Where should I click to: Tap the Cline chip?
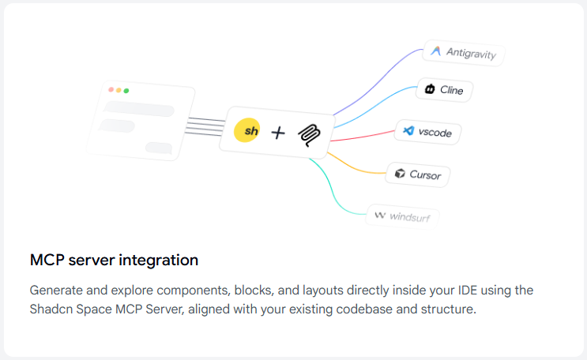click(442, 90)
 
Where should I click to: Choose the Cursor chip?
click(419, 174)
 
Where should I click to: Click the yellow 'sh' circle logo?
click(247, 131)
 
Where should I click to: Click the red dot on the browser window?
click(111, 89)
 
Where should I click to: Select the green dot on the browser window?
click(126, 91)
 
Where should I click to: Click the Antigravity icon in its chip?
click(435, 51)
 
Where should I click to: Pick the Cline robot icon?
click(430, 89)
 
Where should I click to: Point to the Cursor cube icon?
click(401, 173)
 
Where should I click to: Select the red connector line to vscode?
click(363, 137)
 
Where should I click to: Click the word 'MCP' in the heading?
click(47, 260)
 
